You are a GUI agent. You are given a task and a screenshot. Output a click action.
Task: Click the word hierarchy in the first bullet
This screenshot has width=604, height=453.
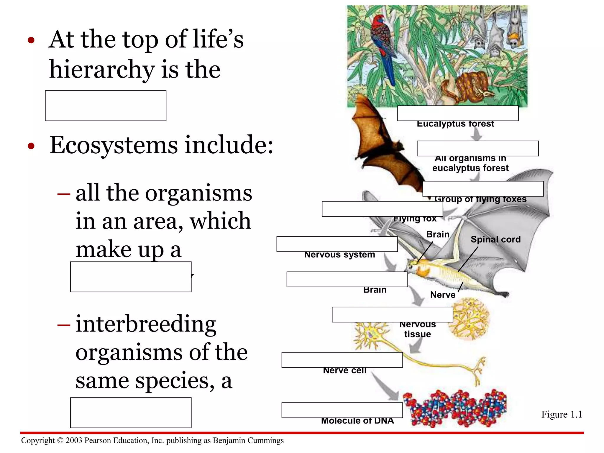point(102,70)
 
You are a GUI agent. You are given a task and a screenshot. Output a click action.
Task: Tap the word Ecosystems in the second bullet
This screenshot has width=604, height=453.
point(114,145)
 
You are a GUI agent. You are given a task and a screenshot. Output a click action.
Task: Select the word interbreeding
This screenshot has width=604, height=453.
point(146,324)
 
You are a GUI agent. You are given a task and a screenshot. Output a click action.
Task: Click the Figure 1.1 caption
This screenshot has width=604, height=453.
point(562,414)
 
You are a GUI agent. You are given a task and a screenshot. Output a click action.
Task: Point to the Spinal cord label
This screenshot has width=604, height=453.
point(495,239)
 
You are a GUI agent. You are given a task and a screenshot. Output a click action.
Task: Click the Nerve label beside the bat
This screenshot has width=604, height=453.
point(442,295)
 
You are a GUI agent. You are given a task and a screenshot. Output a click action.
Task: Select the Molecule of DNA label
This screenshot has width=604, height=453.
point(357,421)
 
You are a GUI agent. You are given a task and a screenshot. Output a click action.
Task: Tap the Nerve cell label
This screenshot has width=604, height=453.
point(344,370)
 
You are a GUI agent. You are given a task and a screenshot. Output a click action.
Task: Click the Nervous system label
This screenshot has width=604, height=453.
point(339,255)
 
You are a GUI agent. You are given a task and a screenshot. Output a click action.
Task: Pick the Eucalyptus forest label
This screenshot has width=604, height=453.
point(455,124)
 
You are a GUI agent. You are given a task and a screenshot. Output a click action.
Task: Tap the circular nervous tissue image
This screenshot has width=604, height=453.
point(470,319)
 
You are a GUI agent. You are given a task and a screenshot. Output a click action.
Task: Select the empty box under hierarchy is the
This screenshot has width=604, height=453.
point(106,106)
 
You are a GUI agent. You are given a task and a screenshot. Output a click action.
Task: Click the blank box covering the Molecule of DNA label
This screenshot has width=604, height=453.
point(342,410)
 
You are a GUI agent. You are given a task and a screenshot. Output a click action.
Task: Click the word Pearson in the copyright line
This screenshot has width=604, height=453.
point(98,440)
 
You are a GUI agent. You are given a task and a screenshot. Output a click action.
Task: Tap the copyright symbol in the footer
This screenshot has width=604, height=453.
point(60,441)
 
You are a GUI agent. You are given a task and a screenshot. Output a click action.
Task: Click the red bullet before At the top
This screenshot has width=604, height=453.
point(31,40)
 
